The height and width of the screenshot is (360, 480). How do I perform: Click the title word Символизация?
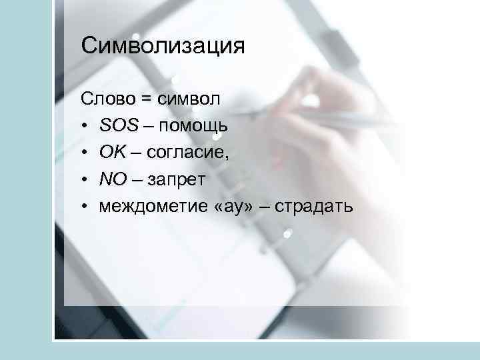pyautogui.click(x=163, y=46)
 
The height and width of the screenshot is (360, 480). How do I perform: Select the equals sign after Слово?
pyautogui.click(x=145, y=100)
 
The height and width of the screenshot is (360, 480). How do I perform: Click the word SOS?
pyautogui.click(x=119, y=126)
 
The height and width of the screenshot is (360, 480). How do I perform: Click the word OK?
pyautogui.click(x=111, y=153)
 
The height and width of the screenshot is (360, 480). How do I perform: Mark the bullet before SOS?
pyautogui.click(x=85, y=127)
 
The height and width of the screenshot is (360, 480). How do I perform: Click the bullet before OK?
pyautogui.click(x=85, y=153)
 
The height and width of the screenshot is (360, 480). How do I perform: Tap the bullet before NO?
pyautogui.click(x=85, y=180)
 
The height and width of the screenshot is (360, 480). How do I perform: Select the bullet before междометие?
pyautogui.click(x=85, y=207)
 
